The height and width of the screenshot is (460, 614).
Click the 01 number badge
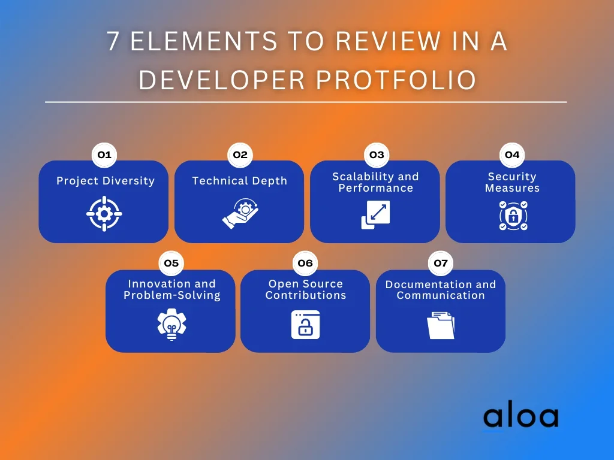104,155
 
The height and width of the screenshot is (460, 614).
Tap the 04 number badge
512,155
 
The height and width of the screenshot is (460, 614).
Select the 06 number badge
305,264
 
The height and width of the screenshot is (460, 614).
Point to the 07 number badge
441,264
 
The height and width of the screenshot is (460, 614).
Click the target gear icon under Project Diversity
104,214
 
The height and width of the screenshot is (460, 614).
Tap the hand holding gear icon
240,214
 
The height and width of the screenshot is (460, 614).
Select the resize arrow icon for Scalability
375,214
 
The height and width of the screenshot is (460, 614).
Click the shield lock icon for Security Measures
513,216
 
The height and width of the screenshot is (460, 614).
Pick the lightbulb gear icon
171,324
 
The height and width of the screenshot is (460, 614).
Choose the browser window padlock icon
305,325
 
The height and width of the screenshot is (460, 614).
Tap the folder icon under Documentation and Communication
441,325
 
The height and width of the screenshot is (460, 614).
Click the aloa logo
521,417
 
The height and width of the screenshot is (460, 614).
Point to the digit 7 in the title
113,41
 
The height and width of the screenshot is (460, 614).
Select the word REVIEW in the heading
389,41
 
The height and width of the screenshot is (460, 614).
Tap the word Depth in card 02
269,181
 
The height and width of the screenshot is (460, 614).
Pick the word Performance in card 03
376,188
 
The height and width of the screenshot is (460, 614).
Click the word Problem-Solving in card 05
172,295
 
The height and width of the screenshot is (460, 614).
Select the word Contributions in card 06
306,295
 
